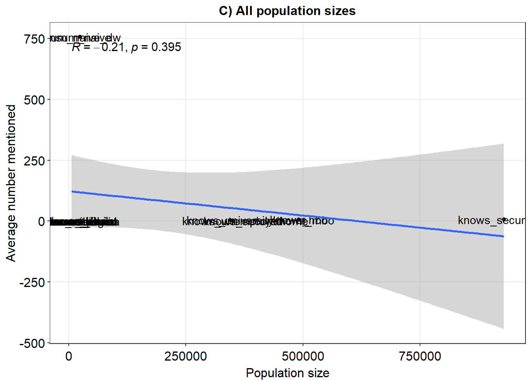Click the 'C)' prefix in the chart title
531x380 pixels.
[226, 11]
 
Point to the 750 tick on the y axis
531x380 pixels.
[34, 39]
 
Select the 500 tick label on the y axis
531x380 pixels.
[34, 100]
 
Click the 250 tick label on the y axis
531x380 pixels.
[34, 161]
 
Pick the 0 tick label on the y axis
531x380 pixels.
[41, 221]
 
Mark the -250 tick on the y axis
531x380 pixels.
[32, 282]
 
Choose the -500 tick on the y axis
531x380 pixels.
[32, 343]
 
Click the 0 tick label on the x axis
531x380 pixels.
[69, 356]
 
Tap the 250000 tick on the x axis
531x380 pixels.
[186, 356]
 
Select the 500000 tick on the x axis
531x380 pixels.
[303, 356]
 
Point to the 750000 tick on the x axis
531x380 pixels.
[420, 356]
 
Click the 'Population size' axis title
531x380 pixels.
[287, 373]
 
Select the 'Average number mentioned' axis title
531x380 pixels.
[11, 183]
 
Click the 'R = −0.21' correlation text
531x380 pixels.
[99, 47]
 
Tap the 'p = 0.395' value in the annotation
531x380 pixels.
[156, 47]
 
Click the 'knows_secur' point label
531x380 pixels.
[491, 220]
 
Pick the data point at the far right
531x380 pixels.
[504, 219]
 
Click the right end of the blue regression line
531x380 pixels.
[503, 236]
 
